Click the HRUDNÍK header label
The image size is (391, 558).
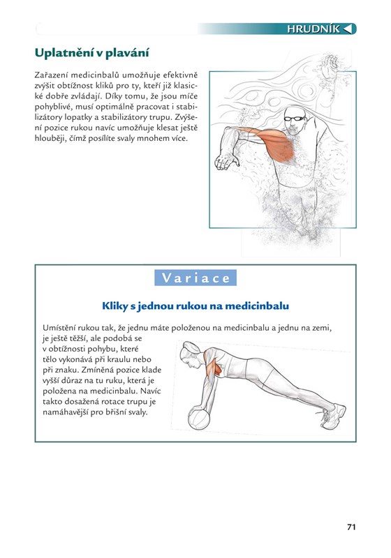click(x=313, y=29)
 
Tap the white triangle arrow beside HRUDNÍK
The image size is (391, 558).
click(x=348, y=29)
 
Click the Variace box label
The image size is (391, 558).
click(x=195, y=278)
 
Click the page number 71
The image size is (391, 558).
click(x=351, y=527)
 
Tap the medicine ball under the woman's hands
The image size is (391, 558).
click(x=199, y=418)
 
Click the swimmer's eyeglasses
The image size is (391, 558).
click(x=295, y=118)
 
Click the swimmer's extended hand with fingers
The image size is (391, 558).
click(x=226, y=161)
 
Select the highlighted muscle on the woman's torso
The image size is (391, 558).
click(x=213, y=365)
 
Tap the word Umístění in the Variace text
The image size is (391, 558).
click(x=58, y=328)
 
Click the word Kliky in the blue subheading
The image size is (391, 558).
click(x=115, y=306)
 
